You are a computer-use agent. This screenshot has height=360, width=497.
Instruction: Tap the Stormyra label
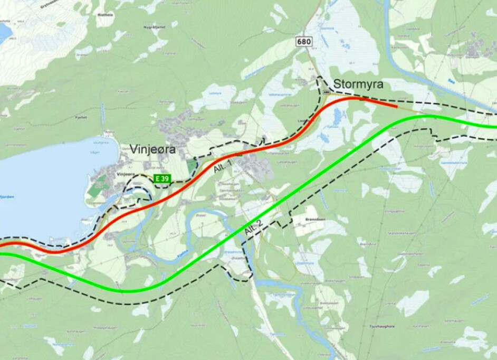coord(357,84)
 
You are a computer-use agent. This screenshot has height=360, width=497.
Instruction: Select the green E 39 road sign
coord(163,179)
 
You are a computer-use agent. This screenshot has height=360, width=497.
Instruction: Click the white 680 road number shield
coord(304,42)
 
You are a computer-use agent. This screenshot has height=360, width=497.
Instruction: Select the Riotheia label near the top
coord(104,15)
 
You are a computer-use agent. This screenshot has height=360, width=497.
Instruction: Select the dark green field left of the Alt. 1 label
coord(191,167)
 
